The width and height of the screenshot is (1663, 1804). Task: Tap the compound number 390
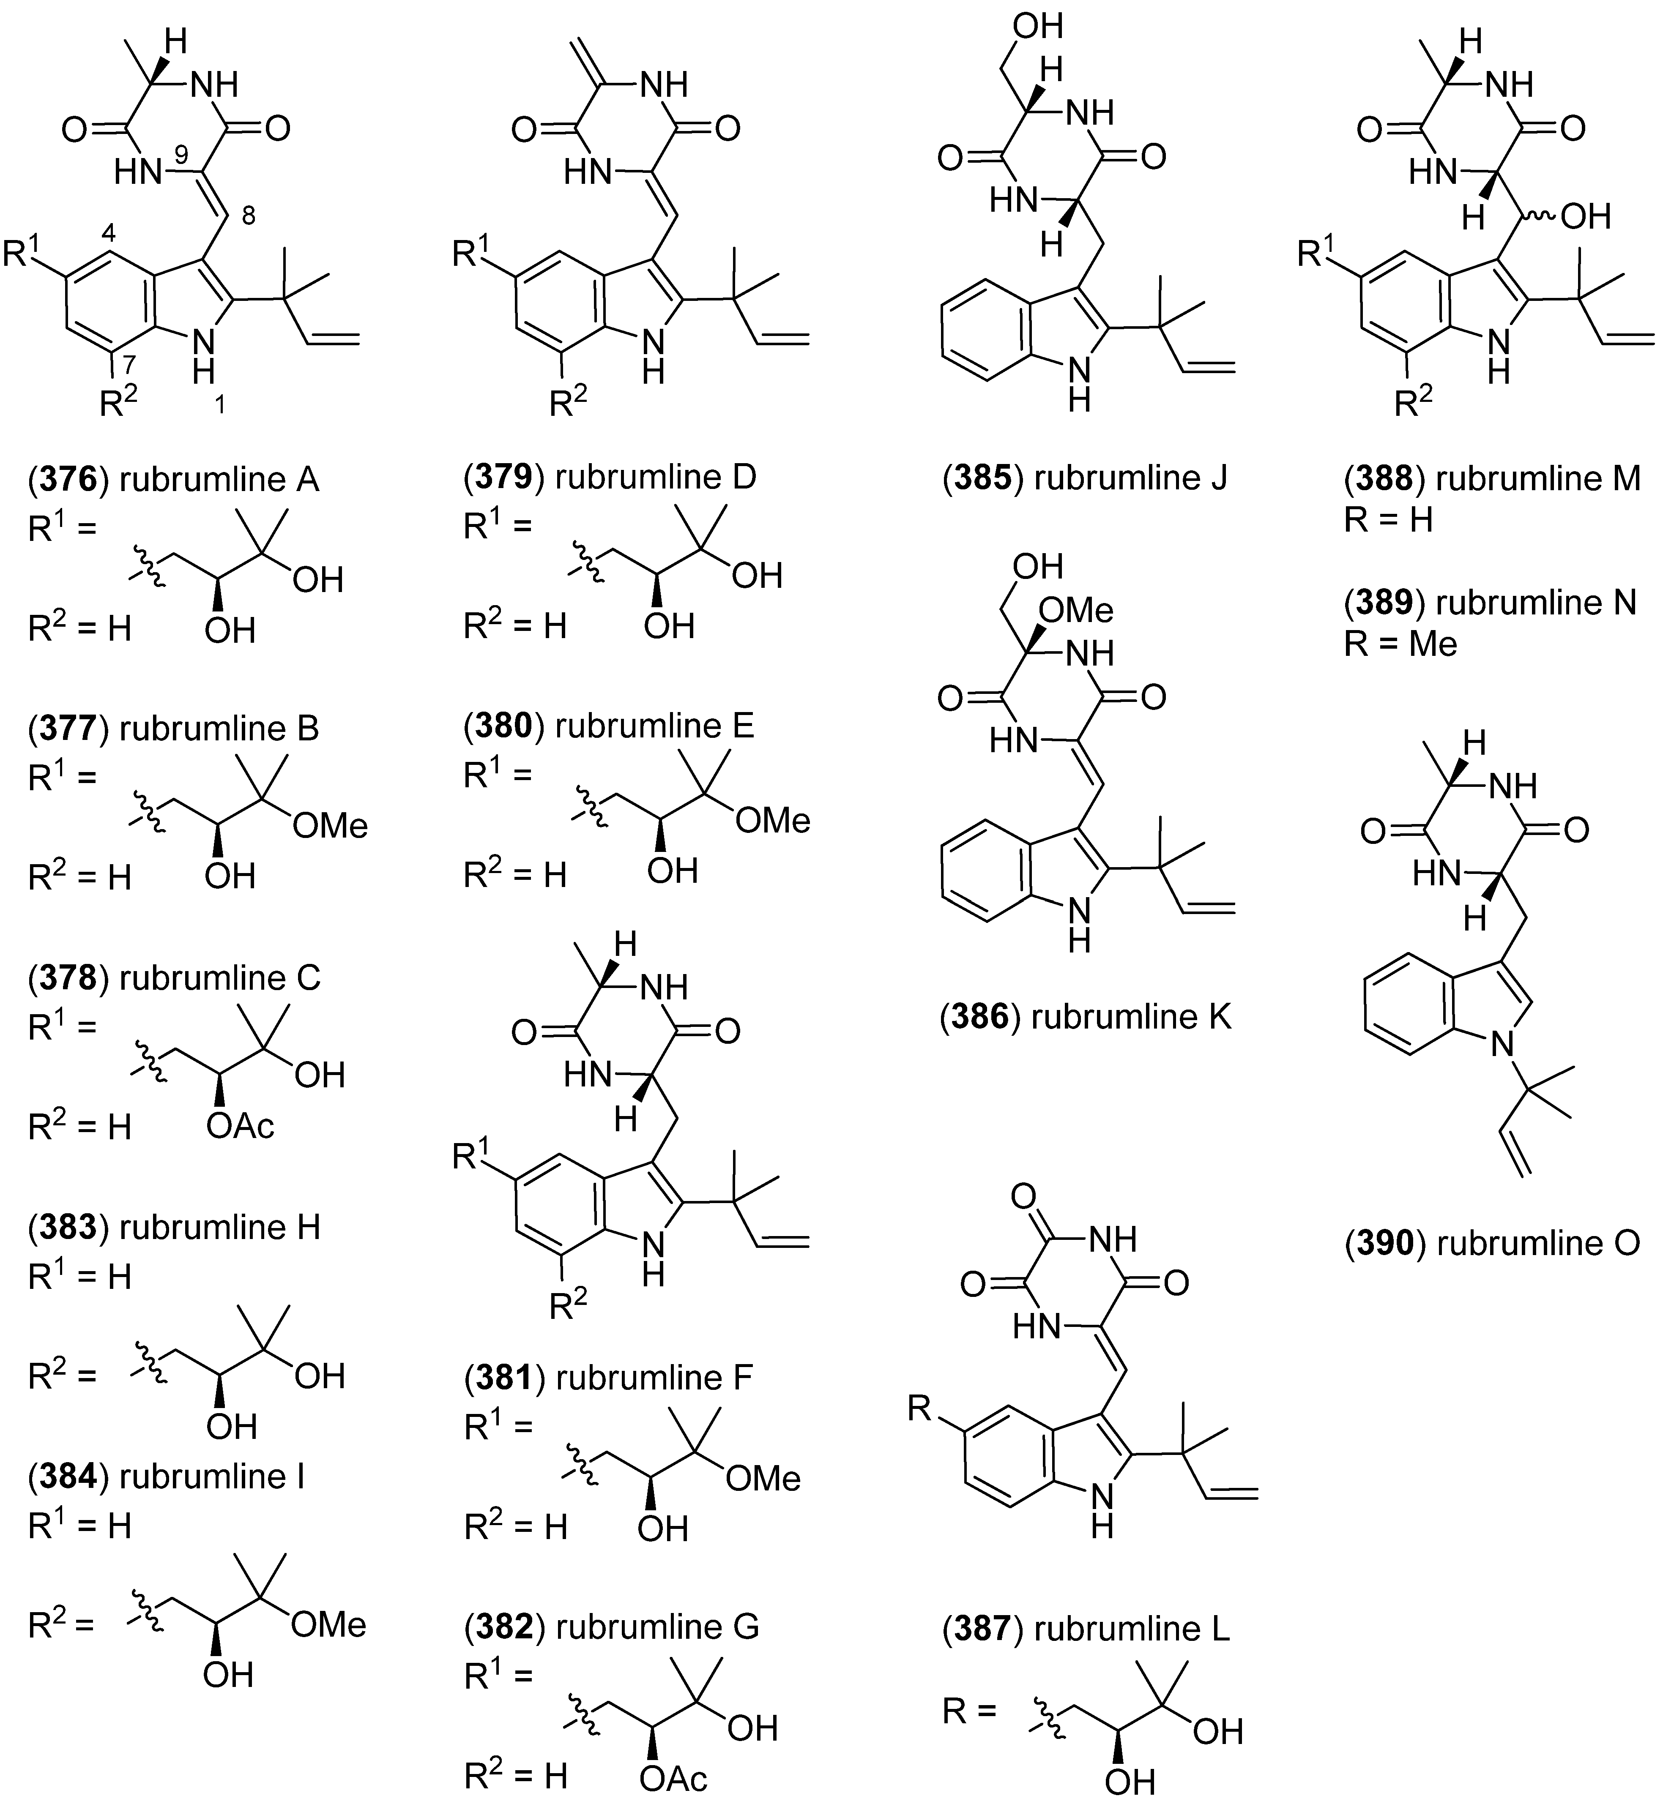tap(1385, 1242)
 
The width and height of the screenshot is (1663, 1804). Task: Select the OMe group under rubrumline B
tap(330, 825)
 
